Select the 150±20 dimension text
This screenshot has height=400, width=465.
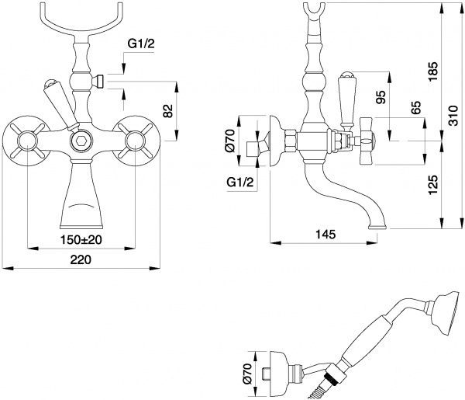coord(81,239)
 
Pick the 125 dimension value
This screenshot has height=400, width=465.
coord(432,184)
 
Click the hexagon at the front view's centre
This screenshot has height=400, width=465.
coord(81,142)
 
